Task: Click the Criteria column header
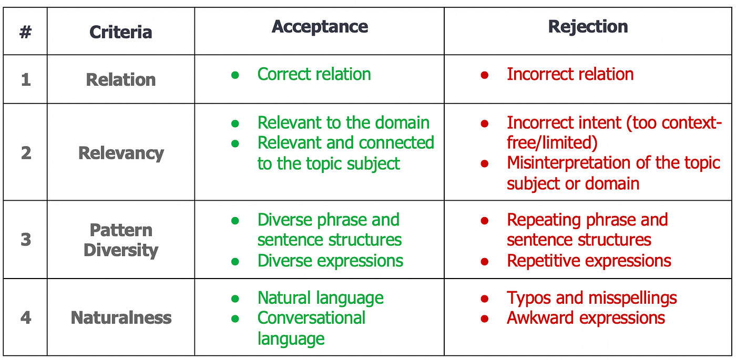(120, 33)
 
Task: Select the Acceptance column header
(320, 27)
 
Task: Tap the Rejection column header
(588, 27)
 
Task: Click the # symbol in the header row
(25, 33)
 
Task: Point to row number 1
(25, 80)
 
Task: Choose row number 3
(25, 240)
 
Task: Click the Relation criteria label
(120, 80)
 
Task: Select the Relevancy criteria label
(121, 153)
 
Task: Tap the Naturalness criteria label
(121, 318)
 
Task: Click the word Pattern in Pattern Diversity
(121, 230)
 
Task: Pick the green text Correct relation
(314, 74)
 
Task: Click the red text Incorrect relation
(570, 74)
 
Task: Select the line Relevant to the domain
(343, 123)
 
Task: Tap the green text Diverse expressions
(330, 261)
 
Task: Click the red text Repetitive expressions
(589, 261)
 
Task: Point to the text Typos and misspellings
(591, 298)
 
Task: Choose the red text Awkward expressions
(586, 318)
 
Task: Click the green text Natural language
(320, 298)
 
